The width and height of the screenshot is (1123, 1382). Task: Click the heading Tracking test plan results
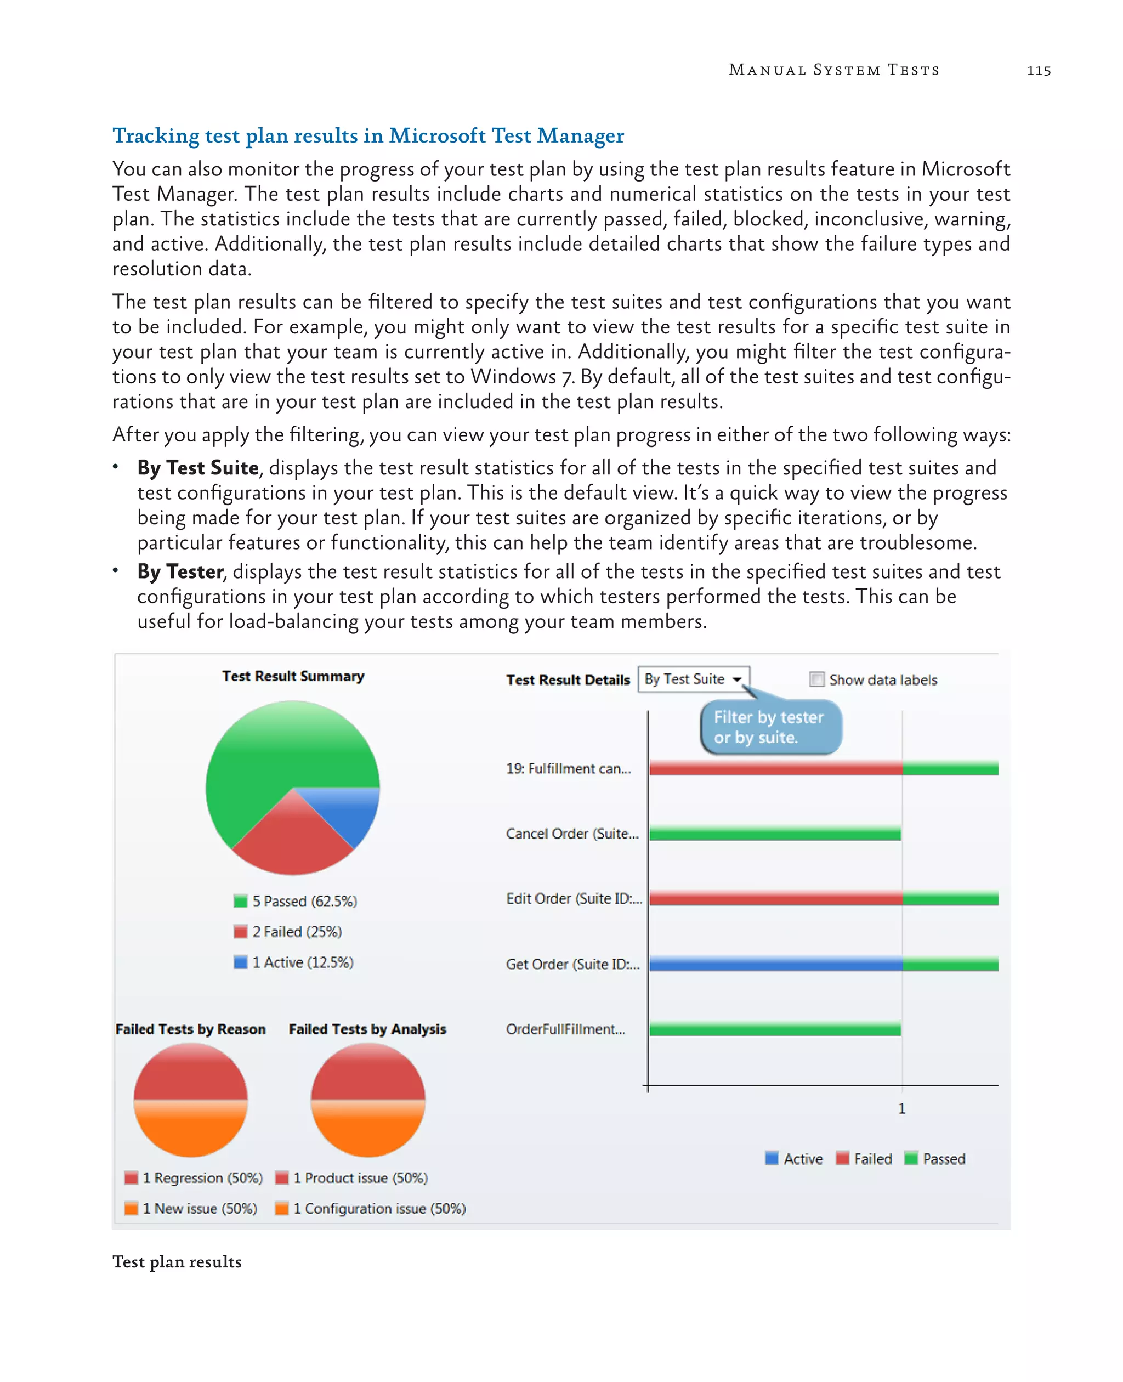367,135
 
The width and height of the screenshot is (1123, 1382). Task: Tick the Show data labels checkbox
817,679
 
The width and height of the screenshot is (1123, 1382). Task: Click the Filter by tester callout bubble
770,728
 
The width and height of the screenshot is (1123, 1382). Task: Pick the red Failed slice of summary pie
291,841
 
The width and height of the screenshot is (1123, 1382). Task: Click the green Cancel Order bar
775,834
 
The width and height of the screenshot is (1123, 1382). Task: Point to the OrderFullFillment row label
565,1029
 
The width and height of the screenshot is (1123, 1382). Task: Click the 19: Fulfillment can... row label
568,769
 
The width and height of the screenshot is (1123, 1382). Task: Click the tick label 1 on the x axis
902,1109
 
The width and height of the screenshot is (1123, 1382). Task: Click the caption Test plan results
177,1262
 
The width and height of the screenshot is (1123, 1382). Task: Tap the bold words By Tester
180,572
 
